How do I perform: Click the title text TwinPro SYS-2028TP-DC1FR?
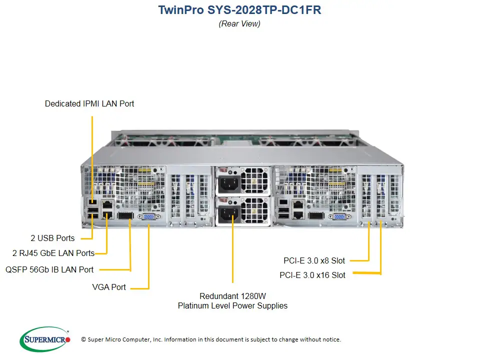239,10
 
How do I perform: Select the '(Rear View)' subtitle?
239,23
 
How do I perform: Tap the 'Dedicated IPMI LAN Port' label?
89,103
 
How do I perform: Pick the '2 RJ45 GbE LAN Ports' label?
53,253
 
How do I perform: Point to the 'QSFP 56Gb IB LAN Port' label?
49,269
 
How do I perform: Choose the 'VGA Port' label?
109,287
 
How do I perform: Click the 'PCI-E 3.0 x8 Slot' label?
314,260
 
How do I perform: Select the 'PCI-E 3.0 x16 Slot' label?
312,275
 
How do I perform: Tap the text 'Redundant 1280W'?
232,295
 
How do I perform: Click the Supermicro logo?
45,339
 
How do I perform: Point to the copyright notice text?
210,339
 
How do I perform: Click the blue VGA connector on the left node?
148,217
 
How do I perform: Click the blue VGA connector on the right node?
338,216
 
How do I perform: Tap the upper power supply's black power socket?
227,183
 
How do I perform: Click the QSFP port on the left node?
124,216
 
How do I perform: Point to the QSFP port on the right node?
315,215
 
